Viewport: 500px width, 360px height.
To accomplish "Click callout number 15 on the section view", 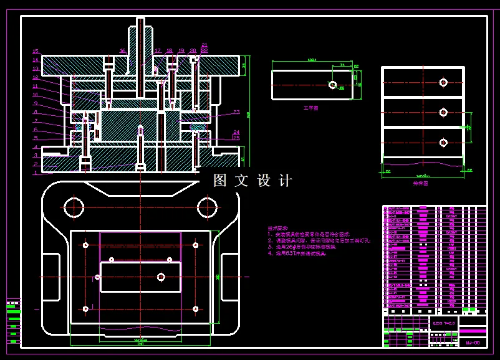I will click(x=36, y=52).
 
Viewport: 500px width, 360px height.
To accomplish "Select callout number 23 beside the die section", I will click(x=236, y=112).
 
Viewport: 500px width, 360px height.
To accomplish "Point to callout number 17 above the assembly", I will click(x=158, y=51).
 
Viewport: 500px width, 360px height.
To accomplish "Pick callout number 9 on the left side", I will click(x=36, y=103).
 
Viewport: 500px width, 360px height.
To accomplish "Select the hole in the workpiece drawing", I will click(x=332, y=85).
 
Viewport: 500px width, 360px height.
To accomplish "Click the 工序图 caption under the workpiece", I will click(x=310, y=108).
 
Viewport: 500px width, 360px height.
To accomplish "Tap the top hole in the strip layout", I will click(x=443, y=82).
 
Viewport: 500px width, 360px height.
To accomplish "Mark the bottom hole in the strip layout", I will click(x=443, y=143).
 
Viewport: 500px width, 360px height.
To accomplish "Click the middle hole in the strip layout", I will click(x=443, y=113).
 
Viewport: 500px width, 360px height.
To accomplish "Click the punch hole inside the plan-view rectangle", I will click(x=161, y=277).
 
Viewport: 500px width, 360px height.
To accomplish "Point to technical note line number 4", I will click(x=297, y=254).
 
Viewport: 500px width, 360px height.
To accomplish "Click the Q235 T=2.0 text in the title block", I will click(x=443, y=323).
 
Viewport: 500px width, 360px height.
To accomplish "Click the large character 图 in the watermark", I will click(x=220, y=181).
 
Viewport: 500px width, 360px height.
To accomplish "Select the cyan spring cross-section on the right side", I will click(x=198, y=127).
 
